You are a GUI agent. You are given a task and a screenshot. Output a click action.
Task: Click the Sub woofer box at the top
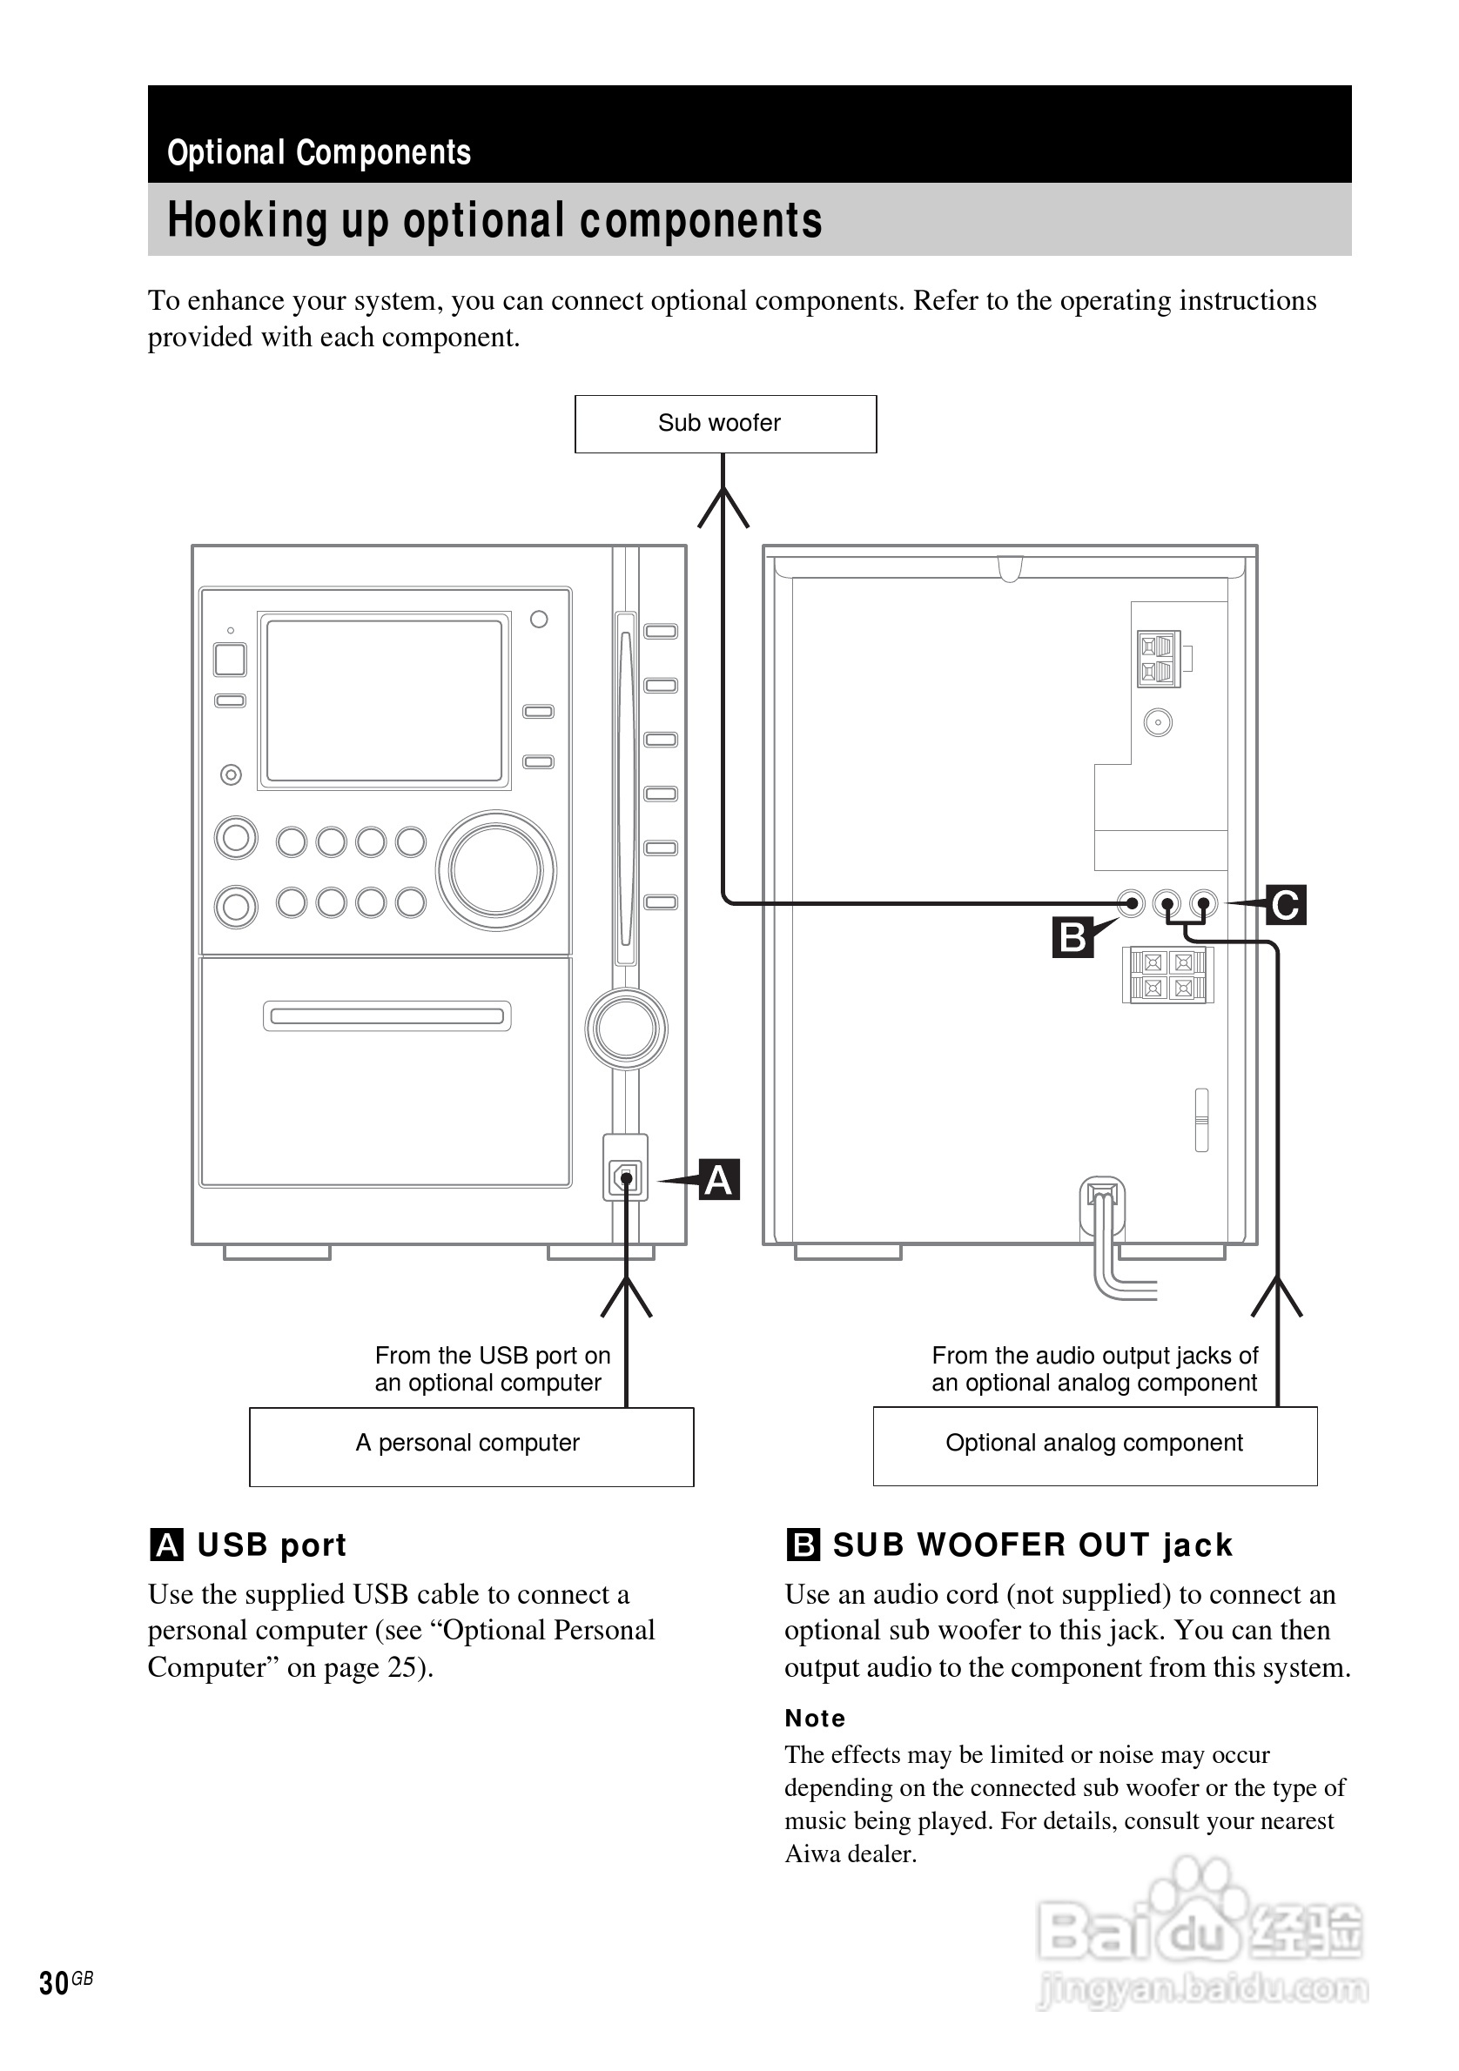pos(724,424)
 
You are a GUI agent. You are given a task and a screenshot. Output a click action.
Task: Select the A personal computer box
pos(471,1446)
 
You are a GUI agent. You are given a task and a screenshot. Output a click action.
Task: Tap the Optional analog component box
pos(1093,1445)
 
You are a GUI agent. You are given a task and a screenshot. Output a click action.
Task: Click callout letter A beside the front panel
pos(718,1180)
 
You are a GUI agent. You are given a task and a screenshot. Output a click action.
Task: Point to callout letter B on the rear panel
pos(1072,937)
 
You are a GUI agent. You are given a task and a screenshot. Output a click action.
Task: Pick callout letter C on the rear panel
pos(1285,905)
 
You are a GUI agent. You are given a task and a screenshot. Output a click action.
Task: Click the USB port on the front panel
pos(625,1177)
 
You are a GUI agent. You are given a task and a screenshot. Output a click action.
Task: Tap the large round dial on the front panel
pos(496,870)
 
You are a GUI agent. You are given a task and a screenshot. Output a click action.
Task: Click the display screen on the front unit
pos(385,700)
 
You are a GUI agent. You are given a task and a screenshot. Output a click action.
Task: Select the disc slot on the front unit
pos(387,1016)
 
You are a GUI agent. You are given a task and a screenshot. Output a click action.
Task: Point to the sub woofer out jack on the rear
pos(1131,903)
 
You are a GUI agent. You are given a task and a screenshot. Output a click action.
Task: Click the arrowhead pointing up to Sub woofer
pos(723,505)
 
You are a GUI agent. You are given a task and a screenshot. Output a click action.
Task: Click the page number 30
pos(54,1982)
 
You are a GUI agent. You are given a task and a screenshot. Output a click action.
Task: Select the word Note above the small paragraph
pos(815,1719)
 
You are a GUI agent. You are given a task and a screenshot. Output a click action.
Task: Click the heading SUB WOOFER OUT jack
pos(1032,1545)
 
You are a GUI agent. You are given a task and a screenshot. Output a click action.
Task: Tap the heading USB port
pos(271,1545)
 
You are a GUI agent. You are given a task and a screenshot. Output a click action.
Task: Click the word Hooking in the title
pos(246,221)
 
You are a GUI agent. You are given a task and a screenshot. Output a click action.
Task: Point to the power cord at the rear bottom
pos(1106,1254)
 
